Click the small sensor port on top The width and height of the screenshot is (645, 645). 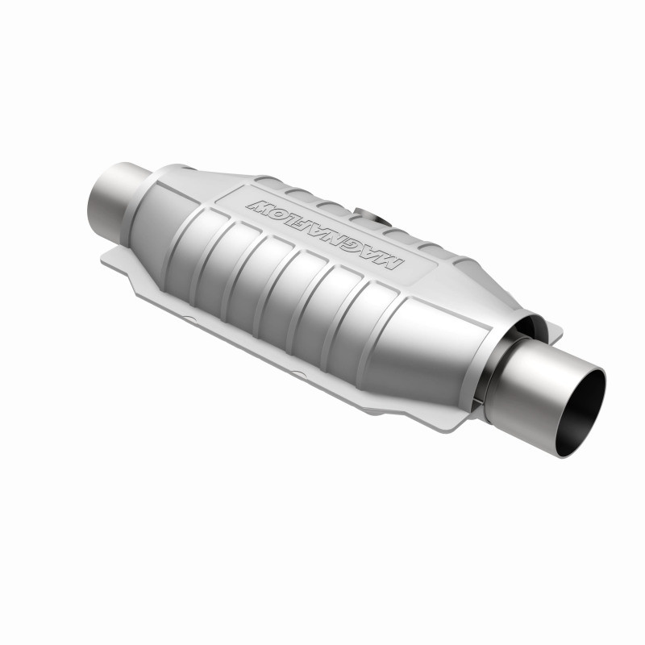pyautogui.click(x=368, y=216)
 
